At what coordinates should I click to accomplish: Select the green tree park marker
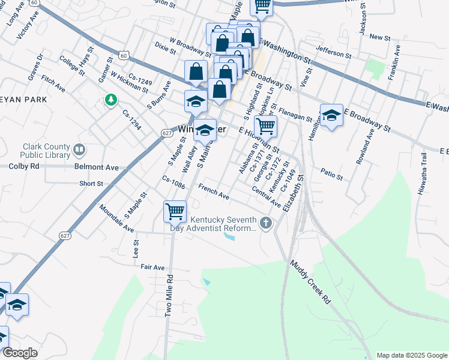tap(110, 100)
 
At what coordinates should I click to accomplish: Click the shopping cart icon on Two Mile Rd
tap(175, 211)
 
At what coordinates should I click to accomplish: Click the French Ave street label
tap(214, 193)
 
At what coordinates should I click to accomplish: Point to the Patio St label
tap(331, 173)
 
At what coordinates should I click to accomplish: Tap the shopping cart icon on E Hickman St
tap(265, 126)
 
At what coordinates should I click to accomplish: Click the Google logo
tap(20, 353)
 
